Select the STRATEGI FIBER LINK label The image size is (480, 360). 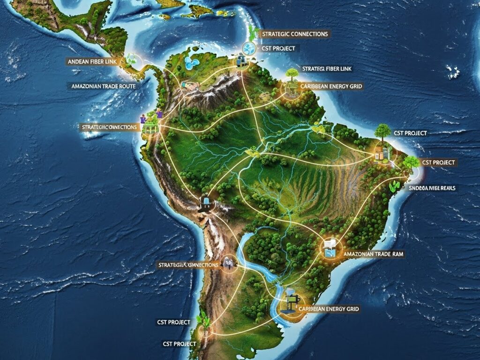[x=327, y=69]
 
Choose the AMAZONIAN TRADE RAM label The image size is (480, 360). [x=374, y=254]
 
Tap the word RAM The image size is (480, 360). [x=398, y=254]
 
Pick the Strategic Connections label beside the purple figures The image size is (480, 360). [x=109, y=127]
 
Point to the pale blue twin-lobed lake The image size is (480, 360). [x=192, y=63]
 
